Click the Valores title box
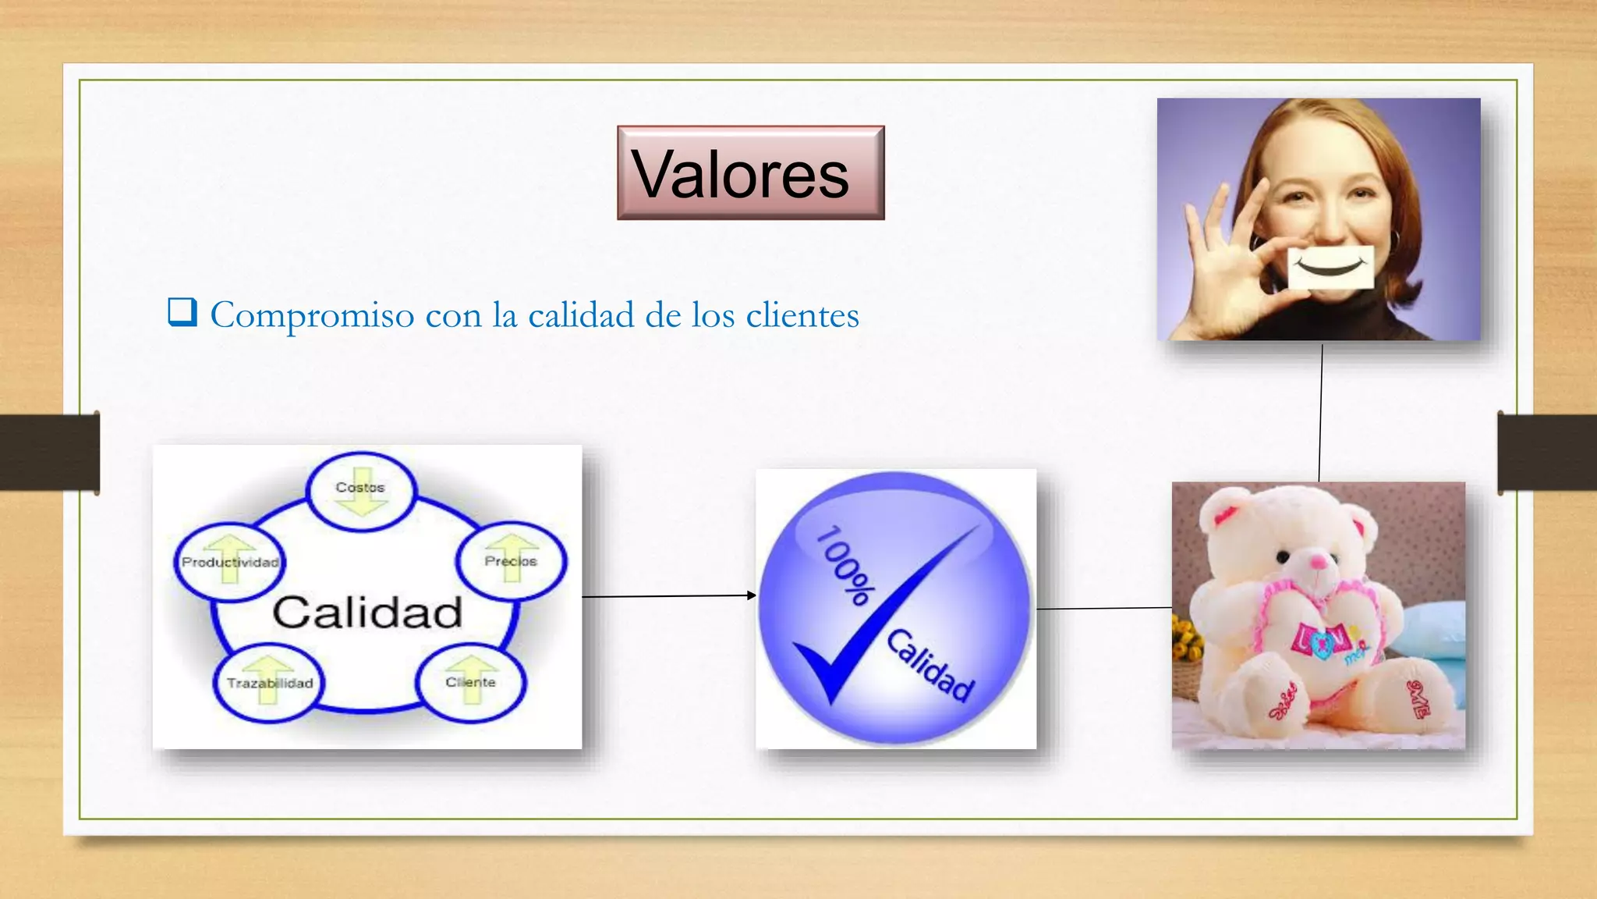(x=750, y=172)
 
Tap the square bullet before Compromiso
(x=182, y=313)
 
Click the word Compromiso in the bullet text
(x=312, y=316)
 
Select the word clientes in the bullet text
(x=802, y=314)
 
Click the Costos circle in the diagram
(x=360, y=492)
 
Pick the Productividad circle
(x=229, y=562)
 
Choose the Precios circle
(x=511, y=560)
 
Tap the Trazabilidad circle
(x=269, y=683)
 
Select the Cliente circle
(x=470, y=682)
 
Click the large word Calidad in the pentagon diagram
(x=367, y=612)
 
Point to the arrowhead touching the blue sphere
(x=751, y=595)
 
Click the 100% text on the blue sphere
(x=844, y=566)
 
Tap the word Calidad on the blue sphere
(x=931, y=665)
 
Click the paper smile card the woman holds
(x=1330, y=267)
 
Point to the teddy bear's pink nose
(x=1318, y=560)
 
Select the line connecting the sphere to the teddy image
(x=1103, y=608)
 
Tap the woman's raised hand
(x=1224, y=250)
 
